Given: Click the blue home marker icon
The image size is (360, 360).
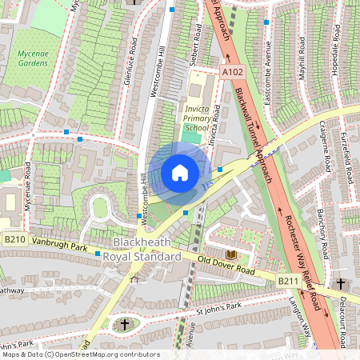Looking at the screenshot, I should pyautogui.click(x=180, y=172).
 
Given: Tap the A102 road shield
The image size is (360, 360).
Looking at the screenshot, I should pyautogui.click(x=232, y=72).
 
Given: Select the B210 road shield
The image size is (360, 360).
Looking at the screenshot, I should pyautogui.click(x=14, y=238).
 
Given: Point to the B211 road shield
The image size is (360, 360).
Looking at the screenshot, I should pyautogui.click(x=289, y=281).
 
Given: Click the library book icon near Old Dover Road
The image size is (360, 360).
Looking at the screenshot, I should pyautogui.click(x=240, y=254).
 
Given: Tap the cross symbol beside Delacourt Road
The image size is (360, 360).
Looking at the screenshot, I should pyautogui.click(x=341, y=284).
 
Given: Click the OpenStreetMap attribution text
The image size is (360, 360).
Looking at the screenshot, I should pyautogui.click(x=81, y=354).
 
